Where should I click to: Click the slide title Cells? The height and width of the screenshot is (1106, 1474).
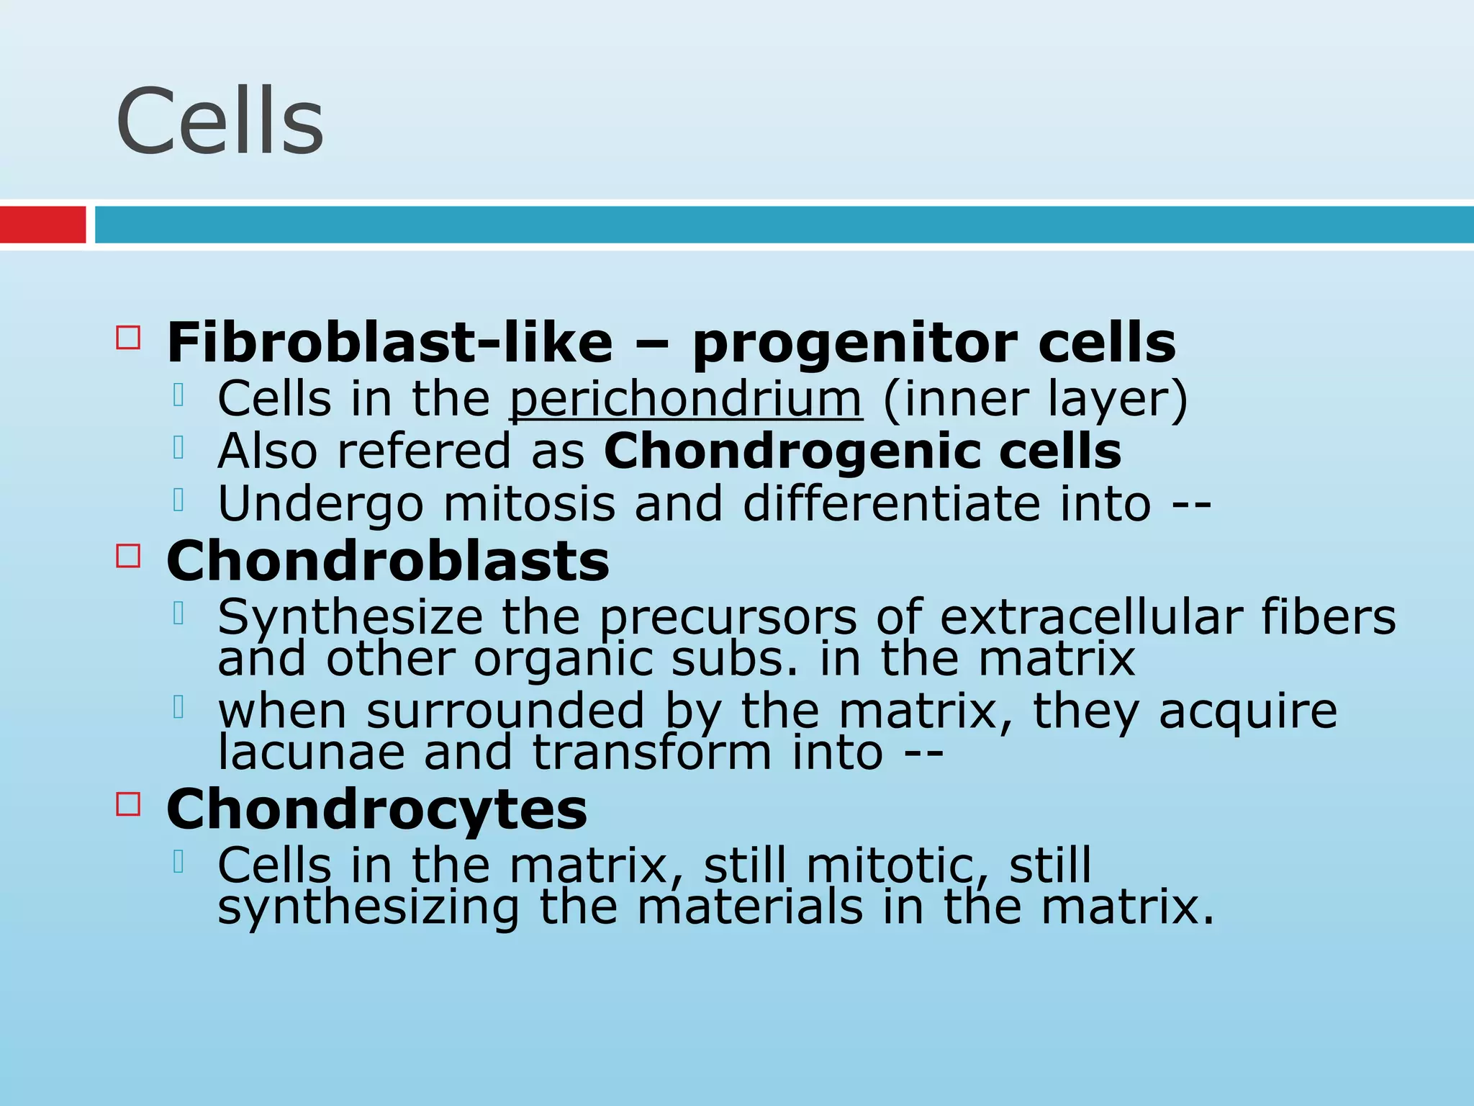[x=220, y=121]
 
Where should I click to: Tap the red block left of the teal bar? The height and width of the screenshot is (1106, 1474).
[x=42, y=225]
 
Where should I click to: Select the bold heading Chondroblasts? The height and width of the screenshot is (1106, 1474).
[x=388, y=561]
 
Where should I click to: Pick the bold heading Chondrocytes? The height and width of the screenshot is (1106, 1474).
[x=376, y=809]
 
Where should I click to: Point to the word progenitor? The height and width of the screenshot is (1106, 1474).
[x=855, y=344]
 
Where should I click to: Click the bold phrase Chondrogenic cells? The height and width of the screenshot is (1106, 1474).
[x=862, y=451]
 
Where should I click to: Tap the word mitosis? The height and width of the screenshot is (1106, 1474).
[x=529, y=503]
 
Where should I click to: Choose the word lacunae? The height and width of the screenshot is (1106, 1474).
[x=312, y=752]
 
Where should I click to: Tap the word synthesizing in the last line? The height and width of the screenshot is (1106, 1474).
[x=368, y=907]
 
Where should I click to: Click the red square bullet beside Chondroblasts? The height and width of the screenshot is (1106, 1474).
[x=128, y=556]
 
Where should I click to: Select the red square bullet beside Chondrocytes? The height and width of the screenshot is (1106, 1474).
[x=128, y=804]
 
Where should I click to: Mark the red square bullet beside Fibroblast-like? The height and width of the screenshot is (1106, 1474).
[x=128, y=337]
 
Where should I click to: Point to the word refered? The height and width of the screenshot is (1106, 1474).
[x=423, y=451]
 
